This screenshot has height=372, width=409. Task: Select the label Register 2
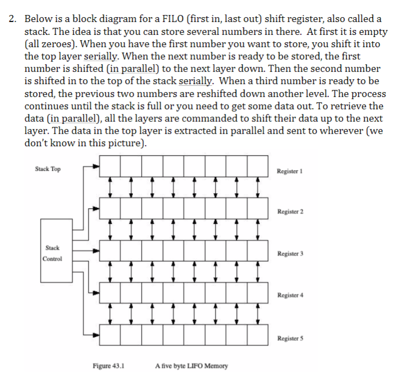[x=290, y=211]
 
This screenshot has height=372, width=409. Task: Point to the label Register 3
[x=290, y=253]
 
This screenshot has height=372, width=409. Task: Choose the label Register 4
[x=290, y=295]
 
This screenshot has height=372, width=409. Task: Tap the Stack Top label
[x=48, y=169]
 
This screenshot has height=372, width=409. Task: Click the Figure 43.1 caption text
[x=109, y=366]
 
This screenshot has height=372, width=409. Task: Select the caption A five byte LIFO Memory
[x=191, y=366]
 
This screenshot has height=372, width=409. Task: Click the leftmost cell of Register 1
[x=110, y=166]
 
